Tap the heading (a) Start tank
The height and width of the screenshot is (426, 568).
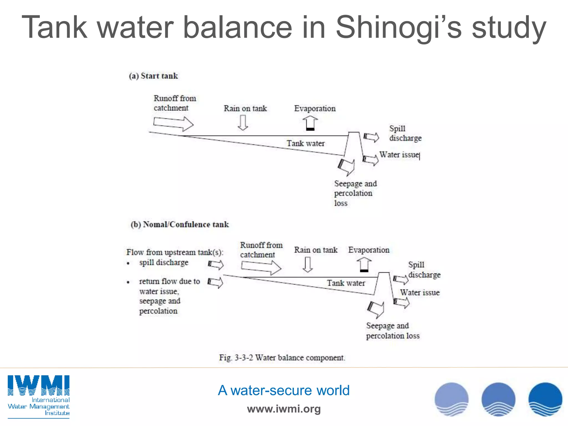click(153, 76)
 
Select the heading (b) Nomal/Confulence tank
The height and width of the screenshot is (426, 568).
click(180, 224)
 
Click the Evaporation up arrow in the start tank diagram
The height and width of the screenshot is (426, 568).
click(310, 123)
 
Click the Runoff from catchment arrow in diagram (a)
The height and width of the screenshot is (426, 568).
click(173, 123)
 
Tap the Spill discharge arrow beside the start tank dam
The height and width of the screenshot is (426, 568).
click(371, 137)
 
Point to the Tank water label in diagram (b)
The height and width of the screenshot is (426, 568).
click(346, 283)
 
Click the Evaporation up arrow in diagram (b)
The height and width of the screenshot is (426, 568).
click(364, 264)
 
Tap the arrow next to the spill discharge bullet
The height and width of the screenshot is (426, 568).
click(216, 264)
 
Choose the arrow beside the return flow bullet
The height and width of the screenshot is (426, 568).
click(215, 282)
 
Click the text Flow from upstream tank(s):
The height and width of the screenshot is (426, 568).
click(175, 252)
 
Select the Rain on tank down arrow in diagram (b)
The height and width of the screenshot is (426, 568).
click(308, 264)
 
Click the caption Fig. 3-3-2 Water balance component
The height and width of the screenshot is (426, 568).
click(282, 357)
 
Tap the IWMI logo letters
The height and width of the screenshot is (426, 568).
click(39, 385)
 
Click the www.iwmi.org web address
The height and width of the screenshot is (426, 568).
click(283, 409)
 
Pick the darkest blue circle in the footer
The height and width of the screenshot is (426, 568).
click(545, 399)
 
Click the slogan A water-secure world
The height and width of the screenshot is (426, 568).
click(283, 390)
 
